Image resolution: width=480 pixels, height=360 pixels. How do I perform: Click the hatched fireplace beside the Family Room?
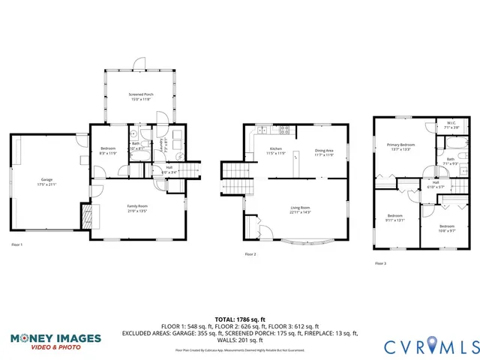click(88, 217)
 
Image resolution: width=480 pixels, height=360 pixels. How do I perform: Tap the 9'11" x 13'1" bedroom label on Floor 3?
click(394, 218)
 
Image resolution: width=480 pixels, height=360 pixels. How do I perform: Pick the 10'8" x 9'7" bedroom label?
click(446, 228)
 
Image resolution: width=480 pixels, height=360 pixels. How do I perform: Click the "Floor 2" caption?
click(250, 255)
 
